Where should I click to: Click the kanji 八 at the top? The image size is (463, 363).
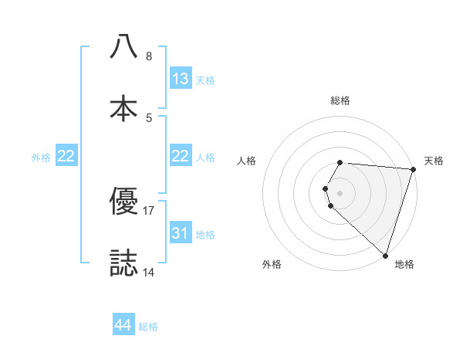pyautogui.click(x=123, y=47)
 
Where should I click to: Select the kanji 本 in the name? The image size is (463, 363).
pyautogui.click(x=123, y=107)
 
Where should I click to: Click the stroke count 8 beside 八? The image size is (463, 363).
pyautogui.click(x=149, y=56)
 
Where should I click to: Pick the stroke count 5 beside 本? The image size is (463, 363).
pyautogui.click(x=149, y=117)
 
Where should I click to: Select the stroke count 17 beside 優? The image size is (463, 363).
pyautogui.click(x=149, y=211)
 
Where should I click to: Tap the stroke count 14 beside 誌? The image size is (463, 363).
pyautogui.click(x=149, y=272)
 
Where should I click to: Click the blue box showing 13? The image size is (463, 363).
pyautogui.click(x=181, y=79)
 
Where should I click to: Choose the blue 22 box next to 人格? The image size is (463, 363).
pyautogui.click(x=181, y=156)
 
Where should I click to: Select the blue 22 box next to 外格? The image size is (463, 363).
pyautogui.click(x=66, y=156)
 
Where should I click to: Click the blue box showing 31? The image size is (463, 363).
pyautogui.click(x=181, y=233)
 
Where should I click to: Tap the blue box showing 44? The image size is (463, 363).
pyautogui.click(x=123, y=325)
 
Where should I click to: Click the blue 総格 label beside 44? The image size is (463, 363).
pyautogui.click(x=148, y=327)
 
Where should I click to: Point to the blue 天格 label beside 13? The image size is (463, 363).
pyautogui.click(x=205, y=80)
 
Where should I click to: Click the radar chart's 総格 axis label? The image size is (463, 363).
pyautogui.click(x=340, y=100)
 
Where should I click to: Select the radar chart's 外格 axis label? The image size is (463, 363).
pyautogui.click(x=272, y=264)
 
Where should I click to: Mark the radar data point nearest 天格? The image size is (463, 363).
pyautogui.click(x=412, y=170)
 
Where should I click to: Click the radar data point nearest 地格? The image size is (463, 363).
pyautogui.click(x=385, y=255)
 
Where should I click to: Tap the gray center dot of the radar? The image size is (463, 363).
pyautogui.click(x=340, y=192)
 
